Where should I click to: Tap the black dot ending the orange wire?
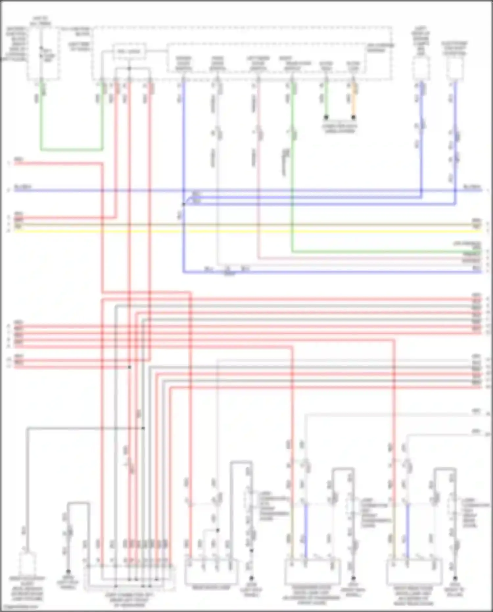click(354, 117)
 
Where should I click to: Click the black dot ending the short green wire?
click(326, 117)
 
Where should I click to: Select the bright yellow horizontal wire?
click(246, 231)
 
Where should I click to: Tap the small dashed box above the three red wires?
click(129, 52)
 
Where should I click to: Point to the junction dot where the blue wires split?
click(183, 204)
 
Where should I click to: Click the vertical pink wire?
click(258, 197)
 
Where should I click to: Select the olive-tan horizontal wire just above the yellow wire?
click(246, 225)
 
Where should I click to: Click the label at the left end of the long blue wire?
click(22, 187)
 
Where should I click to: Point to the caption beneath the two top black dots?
click(340, 128)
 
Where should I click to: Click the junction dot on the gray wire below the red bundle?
click(143, 428)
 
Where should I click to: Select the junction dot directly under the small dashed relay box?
click(129, 68)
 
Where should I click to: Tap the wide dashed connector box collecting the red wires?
click(130, 577)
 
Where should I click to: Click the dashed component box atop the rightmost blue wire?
click(455, 69)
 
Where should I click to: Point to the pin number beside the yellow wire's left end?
click(9, 231)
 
